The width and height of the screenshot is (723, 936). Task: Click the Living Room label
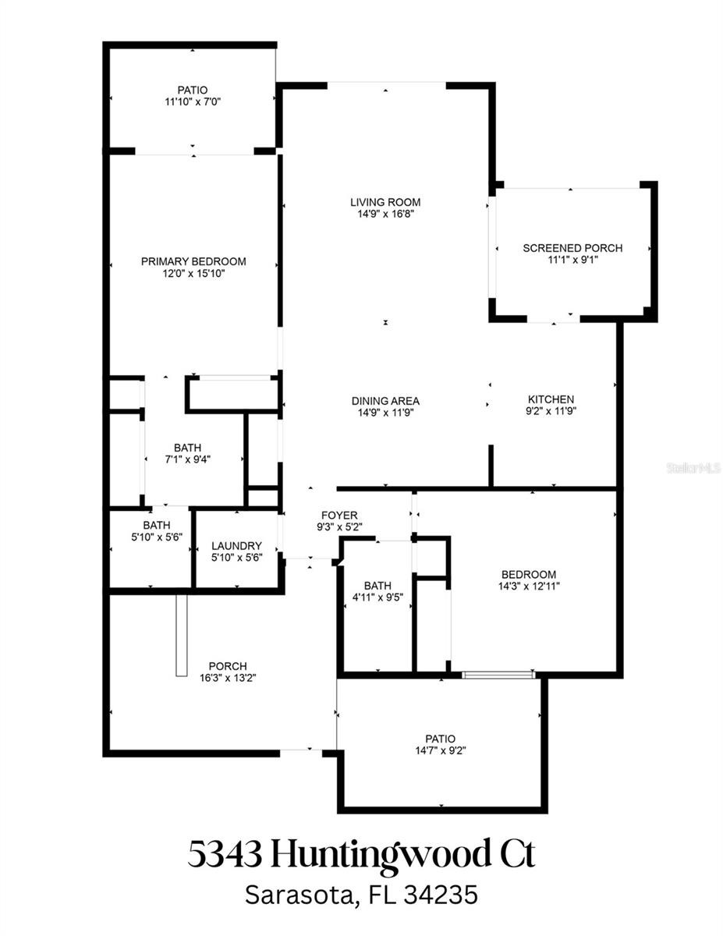tap(385, 202)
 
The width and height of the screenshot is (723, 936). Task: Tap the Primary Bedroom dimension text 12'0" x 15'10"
tap(193, 274)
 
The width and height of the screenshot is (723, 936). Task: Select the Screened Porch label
tap(572, 248)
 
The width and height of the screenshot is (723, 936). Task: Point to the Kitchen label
tap(551, 399)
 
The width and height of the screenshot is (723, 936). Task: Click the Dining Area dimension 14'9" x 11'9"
tap(385, 413)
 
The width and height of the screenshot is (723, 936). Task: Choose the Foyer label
tap(339, 515)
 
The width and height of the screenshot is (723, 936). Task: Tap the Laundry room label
tap(236, 546)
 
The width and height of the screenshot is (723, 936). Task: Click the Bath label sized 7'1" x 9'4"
tap(187, 448)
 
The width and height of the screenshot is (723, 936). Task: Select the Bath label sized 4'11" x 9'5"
tap(377, 585)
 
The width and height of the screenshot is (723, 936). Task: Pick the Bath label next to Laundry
tap(157, 525)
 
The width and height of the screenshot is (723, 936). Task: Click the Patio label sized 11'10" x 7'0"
tap(193, 90)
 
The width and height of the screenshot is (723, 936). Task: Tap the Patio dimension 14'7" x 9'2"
tap(441, 750)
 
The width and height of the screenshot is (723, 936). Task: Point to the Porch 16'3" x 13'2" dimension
tap(228, 678)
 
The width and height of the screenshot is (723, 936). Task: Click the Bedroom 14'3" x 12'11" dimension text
tap(529, 586)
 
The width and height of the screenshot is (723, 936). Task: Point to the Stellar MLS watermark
tap(693, 468)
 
